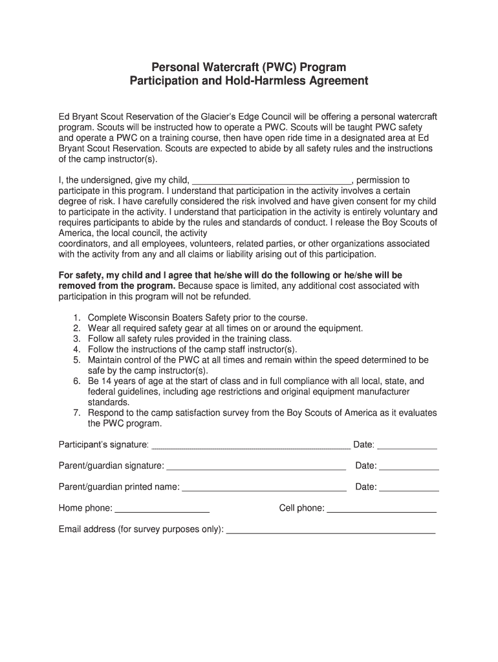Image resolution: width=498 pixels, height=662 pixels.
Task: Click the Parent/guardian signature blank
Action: [256, 467]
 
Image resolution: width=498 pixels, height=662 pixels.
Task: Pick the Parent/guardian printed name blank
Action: [264, 489]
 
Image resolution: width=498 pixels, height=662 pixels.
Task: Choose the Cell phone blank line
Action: [382, 510]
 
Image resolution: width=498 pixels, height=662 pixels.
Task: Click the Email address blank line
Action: [330, 531]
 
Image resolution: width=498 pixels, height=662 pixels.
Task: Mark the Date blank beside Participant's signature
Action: [407, 446]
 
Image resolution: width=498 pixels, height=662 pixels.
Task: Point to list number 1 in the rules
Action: [76, 317]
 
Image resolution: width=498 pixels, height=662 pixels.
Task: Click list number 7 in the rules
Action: [76, 412]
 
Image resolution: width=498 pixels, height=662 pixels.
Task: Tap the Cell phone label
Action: [301, 508]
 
